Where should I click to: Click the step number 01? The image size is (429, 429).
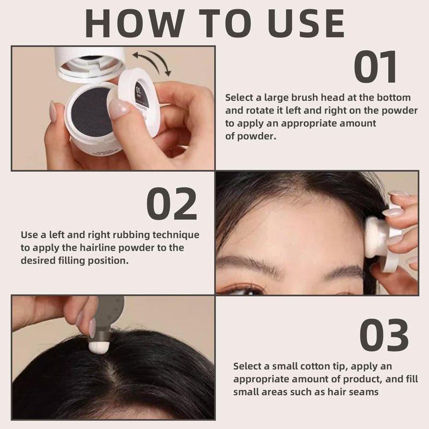click(375, 66)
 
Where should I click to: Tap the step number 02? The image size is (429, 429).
click(172, 204)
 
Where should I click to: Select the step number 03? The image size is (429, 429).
click(384, 335)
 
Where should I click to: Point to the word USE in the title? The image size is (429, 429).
click(306, 23)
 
